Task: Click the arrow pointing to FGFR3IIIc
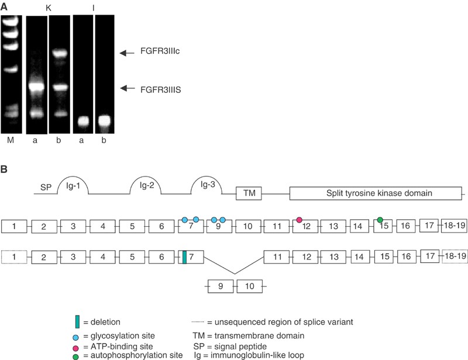[x=127, y=53]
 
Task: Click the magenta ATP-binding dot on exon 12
[x=300, y=220]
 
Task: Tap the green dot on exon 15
[x=380, y=220]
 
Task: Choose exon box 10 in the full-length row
[x=248, y=226]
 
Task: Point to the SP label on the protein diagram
[x=46, y=188]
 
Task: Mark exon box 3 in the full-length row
[x=72, y=226]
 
